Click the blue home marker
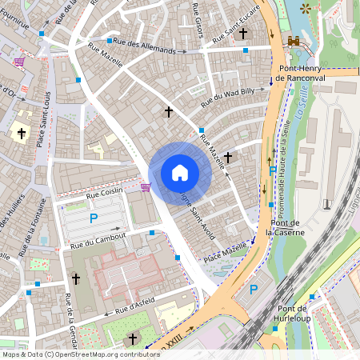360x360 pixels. point(180,172)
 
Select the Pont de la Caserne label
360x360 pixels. point(282,227)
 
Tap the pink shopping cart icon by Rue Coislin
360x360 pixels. point(145,187)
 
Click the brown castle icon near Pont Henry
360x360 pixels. point(294,40)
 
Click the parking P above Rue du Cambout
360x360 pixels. point(94,218)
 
